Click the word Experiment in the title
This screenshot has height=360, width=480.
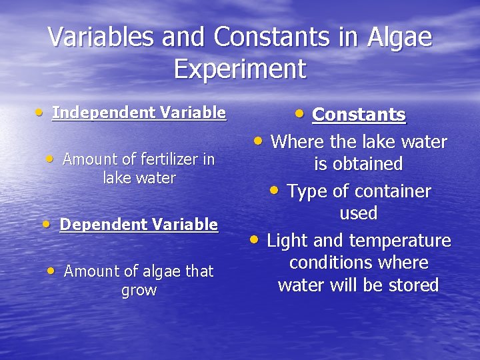pos(240,69)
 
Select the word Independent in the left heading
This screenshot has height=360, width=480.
pos(101,113)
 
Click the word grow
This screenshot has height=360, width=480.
pos(139,291)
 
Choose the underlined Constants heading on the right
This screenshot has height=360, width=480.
pos(359,115)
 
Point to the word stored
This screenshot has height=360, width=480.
pos(411,285)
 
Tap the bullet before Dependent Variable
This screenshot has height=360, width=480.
pos(47,224)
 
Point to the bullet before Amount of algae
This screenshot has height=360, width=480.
pos(51,271)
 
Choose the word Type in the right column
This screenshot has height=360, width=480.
pos(306,192)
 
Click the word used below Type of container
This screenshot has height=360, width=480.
pos(359,213)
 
